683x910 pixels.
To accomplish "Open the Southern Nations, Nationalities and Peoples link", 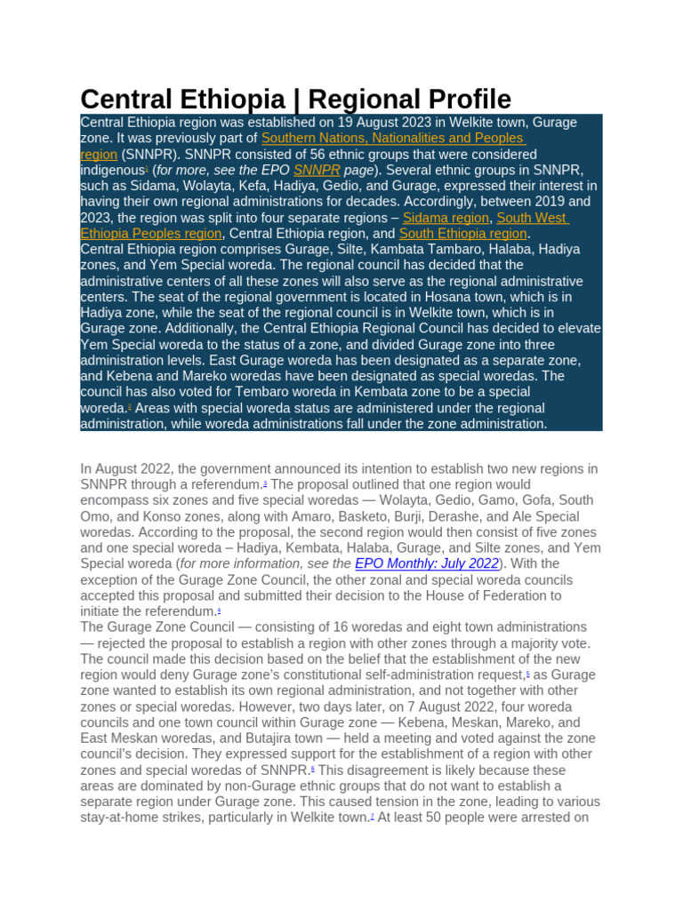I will click(393, 138).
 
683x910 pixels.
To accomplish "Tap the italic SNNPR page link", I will click(317, 170).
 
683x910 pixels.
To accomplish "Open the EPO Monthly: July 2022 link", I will click(427, 563).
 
